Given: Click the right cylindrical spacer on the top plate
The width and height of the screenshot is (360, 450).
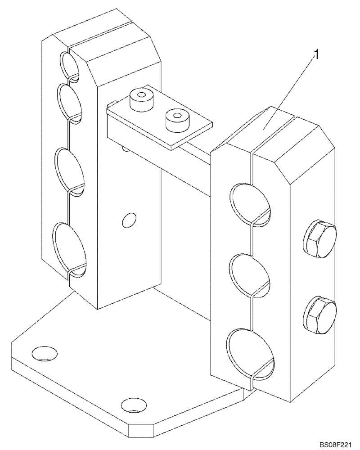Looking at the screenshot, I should coord(175,119).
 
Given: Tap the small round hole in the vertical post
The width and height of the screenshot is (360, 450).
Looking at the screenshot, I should coord(129,220).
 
